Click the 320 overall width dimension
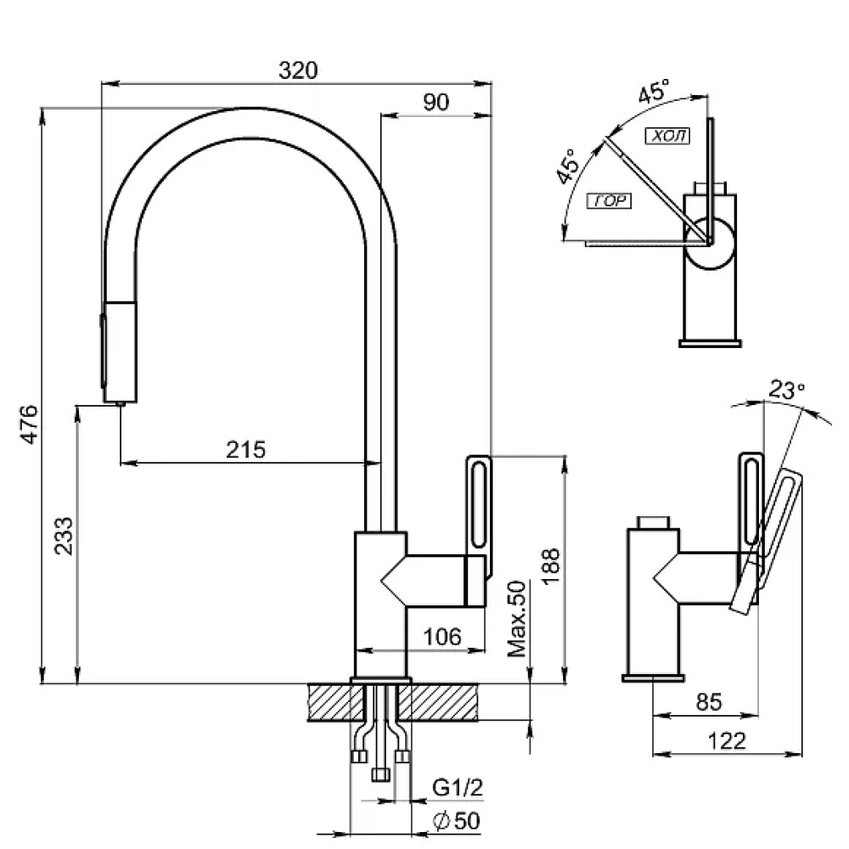click(x=297, y=71)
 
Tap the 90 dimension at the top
click(x=436, y=102)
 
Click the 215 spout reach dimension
click(x=246, y=450)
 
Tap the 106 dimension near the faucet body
click(x=442, y=636)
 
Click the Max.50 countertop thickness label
click(x=517, y=620)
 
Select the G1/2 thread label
click(x=458, y=788)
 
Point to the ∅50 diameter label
click(x=457, y=821)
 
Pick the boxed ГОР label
click(x=607, y=201)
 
